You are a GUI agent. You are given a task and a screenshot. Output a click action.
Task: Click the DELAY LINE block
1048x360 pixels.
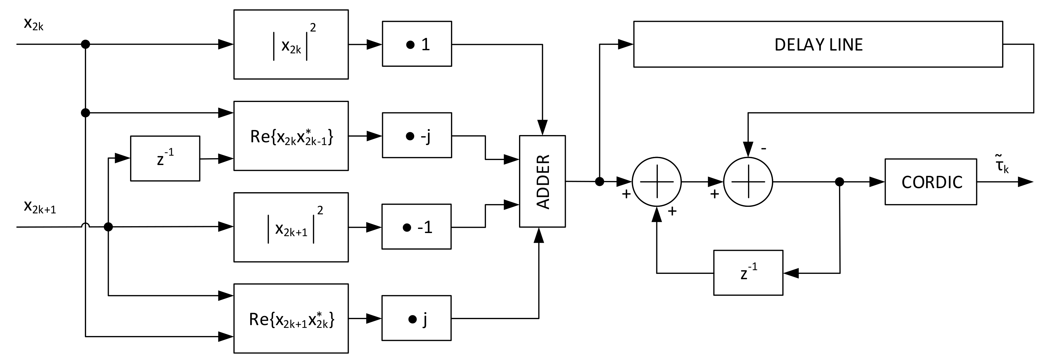(x=818, y=44)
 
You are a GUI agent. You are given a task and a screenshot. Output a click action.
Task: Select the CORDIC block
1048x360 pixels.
(x=930, y=182)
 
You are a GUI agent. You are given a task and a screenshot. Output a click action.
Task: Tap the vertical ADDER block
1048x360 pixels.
(x=542, y=182)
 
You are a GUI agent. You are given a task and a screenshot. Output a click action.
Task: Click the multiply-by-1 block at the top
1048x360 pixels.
(x=417, y=44)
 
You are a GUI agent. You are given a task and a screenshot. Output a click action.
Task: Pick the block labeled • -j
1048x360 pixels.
(x=417, y=135)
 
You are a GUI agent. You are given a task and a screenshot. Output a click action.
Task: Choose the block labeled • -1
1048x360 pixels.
(x=416, y=226)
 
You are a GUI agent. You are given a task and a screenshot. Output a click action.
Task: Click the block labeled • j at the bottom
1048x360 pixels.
(x=416, y=318)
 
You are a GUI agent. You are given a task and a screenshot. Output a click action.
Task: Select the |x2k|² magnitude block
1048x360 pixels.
(x=291, y=44)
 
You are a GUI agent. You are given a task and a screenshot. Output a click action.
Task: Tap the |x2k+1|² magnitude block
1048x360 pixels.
(x=291, y=227)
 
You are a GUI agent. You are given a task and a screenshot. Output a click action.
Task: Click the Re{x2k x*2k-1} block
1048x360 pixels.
(x=291, y=136)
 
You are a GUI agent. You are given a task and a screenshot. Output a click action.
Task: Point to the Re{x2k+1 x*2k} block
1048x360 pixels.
(x=291, y=319)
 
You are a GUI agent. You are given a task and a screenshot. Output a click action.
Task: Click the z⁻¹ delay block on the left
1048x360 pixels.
(x=165, y=159)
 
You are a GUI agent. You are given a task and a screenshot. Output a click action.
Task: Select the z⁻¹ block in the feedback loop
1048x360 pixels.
(x=748, y=273)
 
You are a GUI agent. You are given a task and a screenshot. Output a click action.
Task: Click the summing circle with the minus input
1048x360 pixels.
(x=748, y=182)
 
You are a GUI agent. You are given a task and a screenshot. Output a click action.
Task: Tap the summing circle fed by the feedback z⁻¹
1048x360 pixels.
(x=656, y=182)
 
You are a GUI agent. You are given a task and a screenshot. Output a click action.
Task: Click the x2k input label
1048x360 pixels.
(x=33, y=24)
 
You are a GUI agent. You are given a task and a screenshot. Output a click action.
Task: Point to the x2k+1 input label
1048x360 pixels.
(x=40, y=207)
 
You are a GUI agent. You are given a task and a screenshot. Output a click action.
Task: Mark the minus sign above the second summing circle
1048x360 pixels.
(x=764, y=148)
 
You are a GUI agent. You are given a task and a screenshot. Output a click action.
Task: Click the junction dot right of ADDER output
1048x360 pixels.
(x=599, y=182)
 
